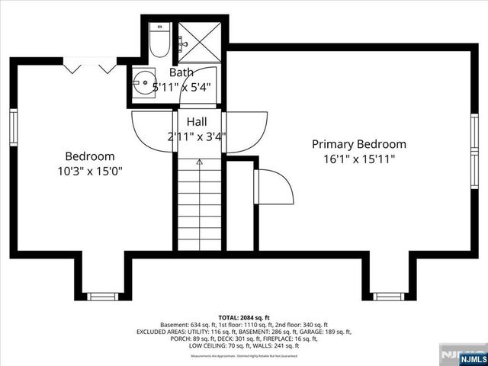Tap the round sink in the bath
[x=142, y=80]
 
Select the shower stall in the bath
[x=200, y=42]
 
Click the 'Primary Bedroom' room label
[x=358, y=144]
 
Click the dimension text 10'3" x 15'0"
[x=89, y=171]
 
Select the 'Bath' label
[x=181, y=72]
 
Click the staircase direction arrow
[x=200, y=162]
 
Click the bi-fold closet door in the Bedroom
[x=90, y=68]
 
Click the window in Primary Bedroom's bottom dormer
[x=387, y=296]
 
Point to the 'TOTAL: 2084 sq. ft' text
[x=244, y=316]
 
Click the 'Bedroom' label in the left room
[x=89, y=156]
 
